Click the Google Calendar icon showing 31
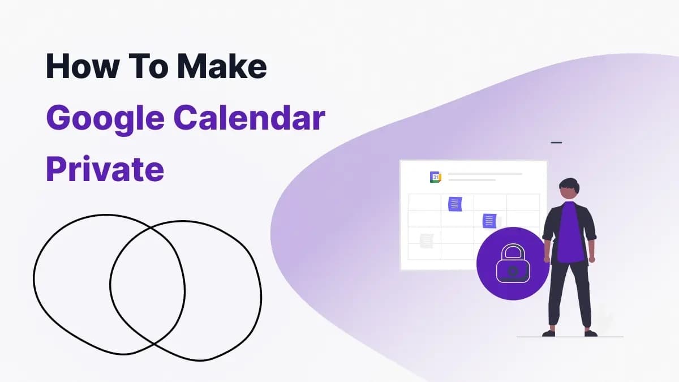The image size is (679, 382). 435,177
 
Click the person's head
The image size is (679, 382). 568,190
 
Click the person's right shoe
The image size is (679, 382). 549,333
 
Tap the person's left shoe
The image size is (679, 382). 591,333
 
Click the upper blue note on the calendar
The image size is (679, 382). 455,203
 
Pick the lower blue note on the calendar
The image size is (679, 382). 489,221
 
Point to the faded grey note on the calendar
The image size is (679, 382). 427,240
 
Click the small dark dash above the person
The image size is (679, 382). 556,143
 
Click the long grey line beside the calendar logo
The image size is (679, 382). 485,174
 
